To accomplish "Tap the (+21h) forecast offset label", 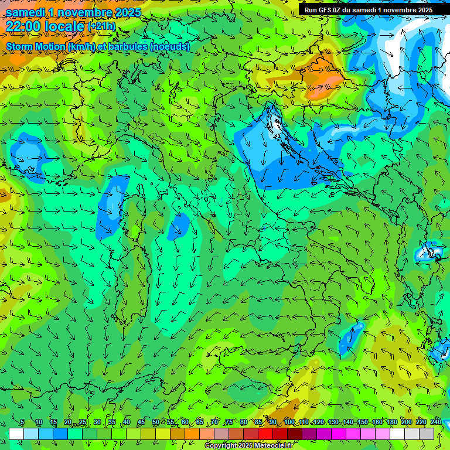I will (x=101, y=26).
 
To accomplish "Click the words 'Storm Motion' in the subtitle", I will (x=35, y=46).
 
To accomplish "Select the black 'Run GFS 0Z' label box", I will (x=368, y=9).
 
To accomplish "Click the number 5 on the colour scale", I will (x=22, y=422).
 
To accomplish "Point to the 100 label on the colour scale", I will (x=289, y=422).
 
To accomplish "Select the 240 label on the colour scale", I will (x=436, y=422).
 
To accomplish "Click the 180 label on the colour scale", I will (x=391, y=422).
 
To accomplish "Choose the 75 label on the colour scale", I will (x=229, y=422).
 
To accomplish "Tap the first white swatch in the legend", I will (x=16, y=434).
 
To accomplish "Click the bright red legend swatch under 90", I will (x=265, y=434).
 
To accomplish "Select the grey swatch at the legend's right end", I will (x=427, y=434).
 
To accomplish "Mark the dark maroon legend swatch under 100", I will (x=295, y=434).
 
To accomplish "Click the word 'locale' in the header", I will (x=64, y=26).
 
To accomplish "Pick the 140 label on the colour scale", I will (x=347, y=422).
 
